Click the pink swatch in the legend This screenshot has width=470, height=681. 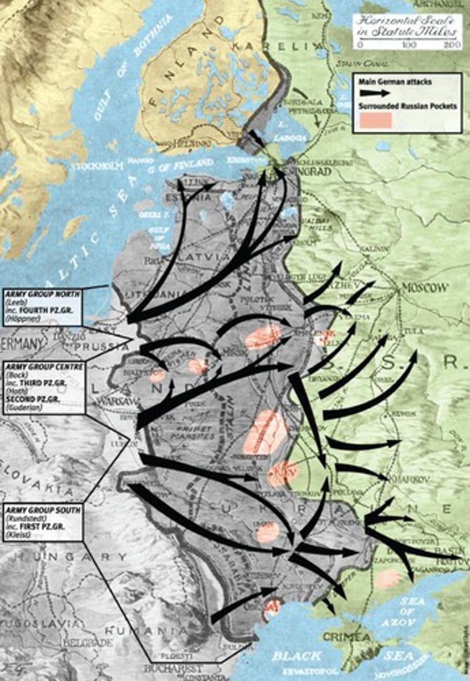click(375, 120)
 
